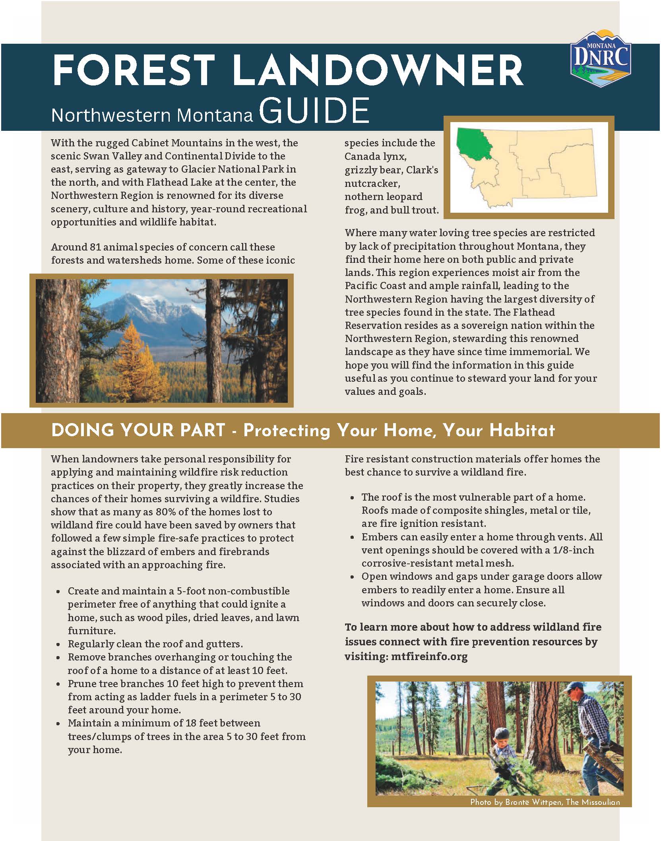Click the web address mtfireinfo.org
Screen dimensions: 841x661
point(429,656)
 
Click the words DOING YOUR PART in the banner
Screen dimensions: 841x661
point(138,430)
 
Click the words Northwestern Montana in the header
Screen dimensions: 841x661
point(152,115)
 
